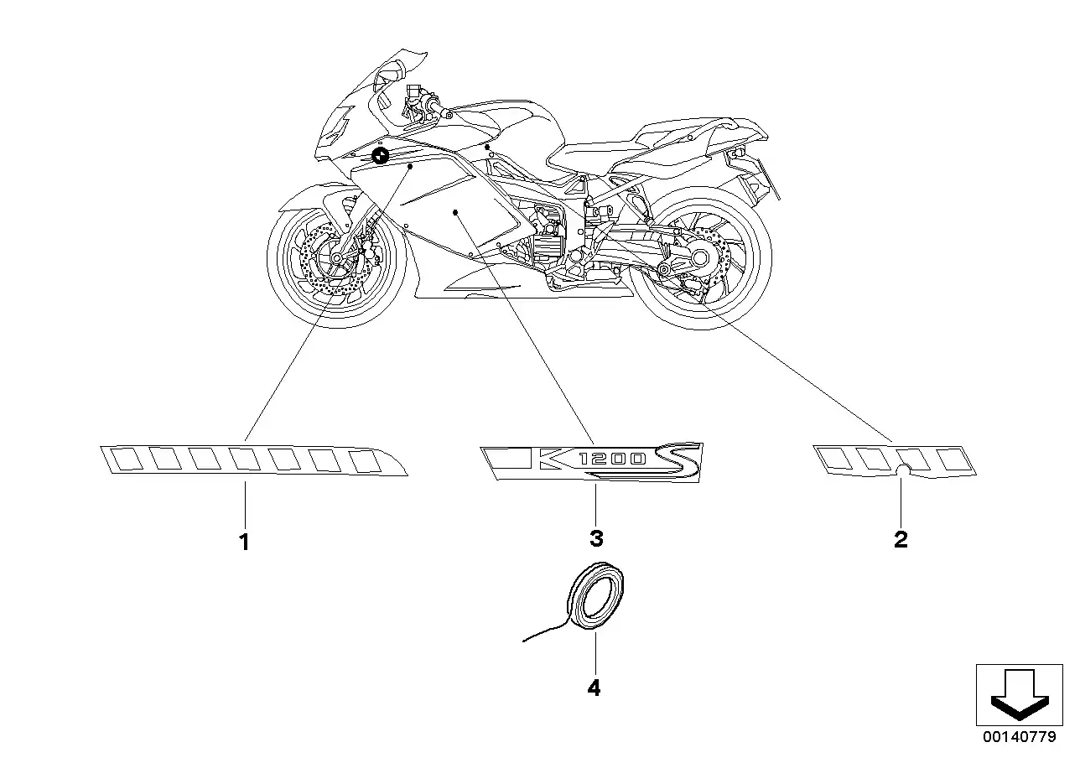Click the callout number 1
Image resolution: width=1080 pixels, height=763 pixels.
pyautogui.click(x=244, y=542)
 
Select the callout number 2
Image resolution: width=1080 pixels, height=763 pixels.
pyautogui.click(x=901, y=539)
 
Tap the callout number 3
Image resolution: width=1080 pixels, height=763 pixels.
pyautogui.click(x=595, y=537)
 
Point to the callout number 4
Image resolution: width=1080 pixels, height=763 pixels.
pyautogui.click(x=595, y=688)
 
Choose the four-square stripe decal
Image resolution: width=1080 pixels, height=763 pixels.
pyautogui.click(x=896, y=460)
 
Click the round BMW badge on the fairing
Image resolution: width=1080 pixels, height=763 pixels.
pyautogui.click(x=380, y=154)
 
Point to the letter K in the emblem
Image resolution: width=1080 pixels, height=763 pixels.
pyautogui.click(x=559, y=460)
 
